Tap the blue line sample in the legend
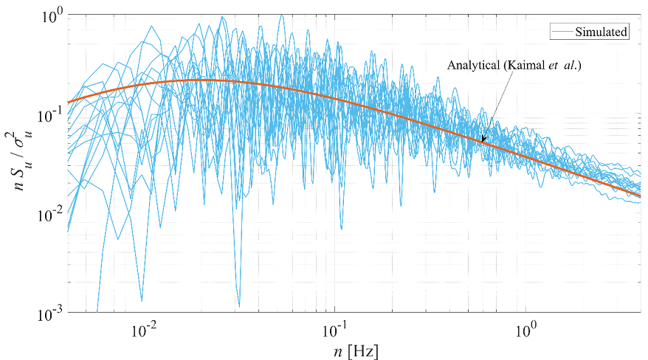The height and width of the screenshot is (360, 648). tap(562, 32)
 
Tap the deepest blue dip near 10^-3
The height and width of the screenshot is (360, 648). tap(238, 305)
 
